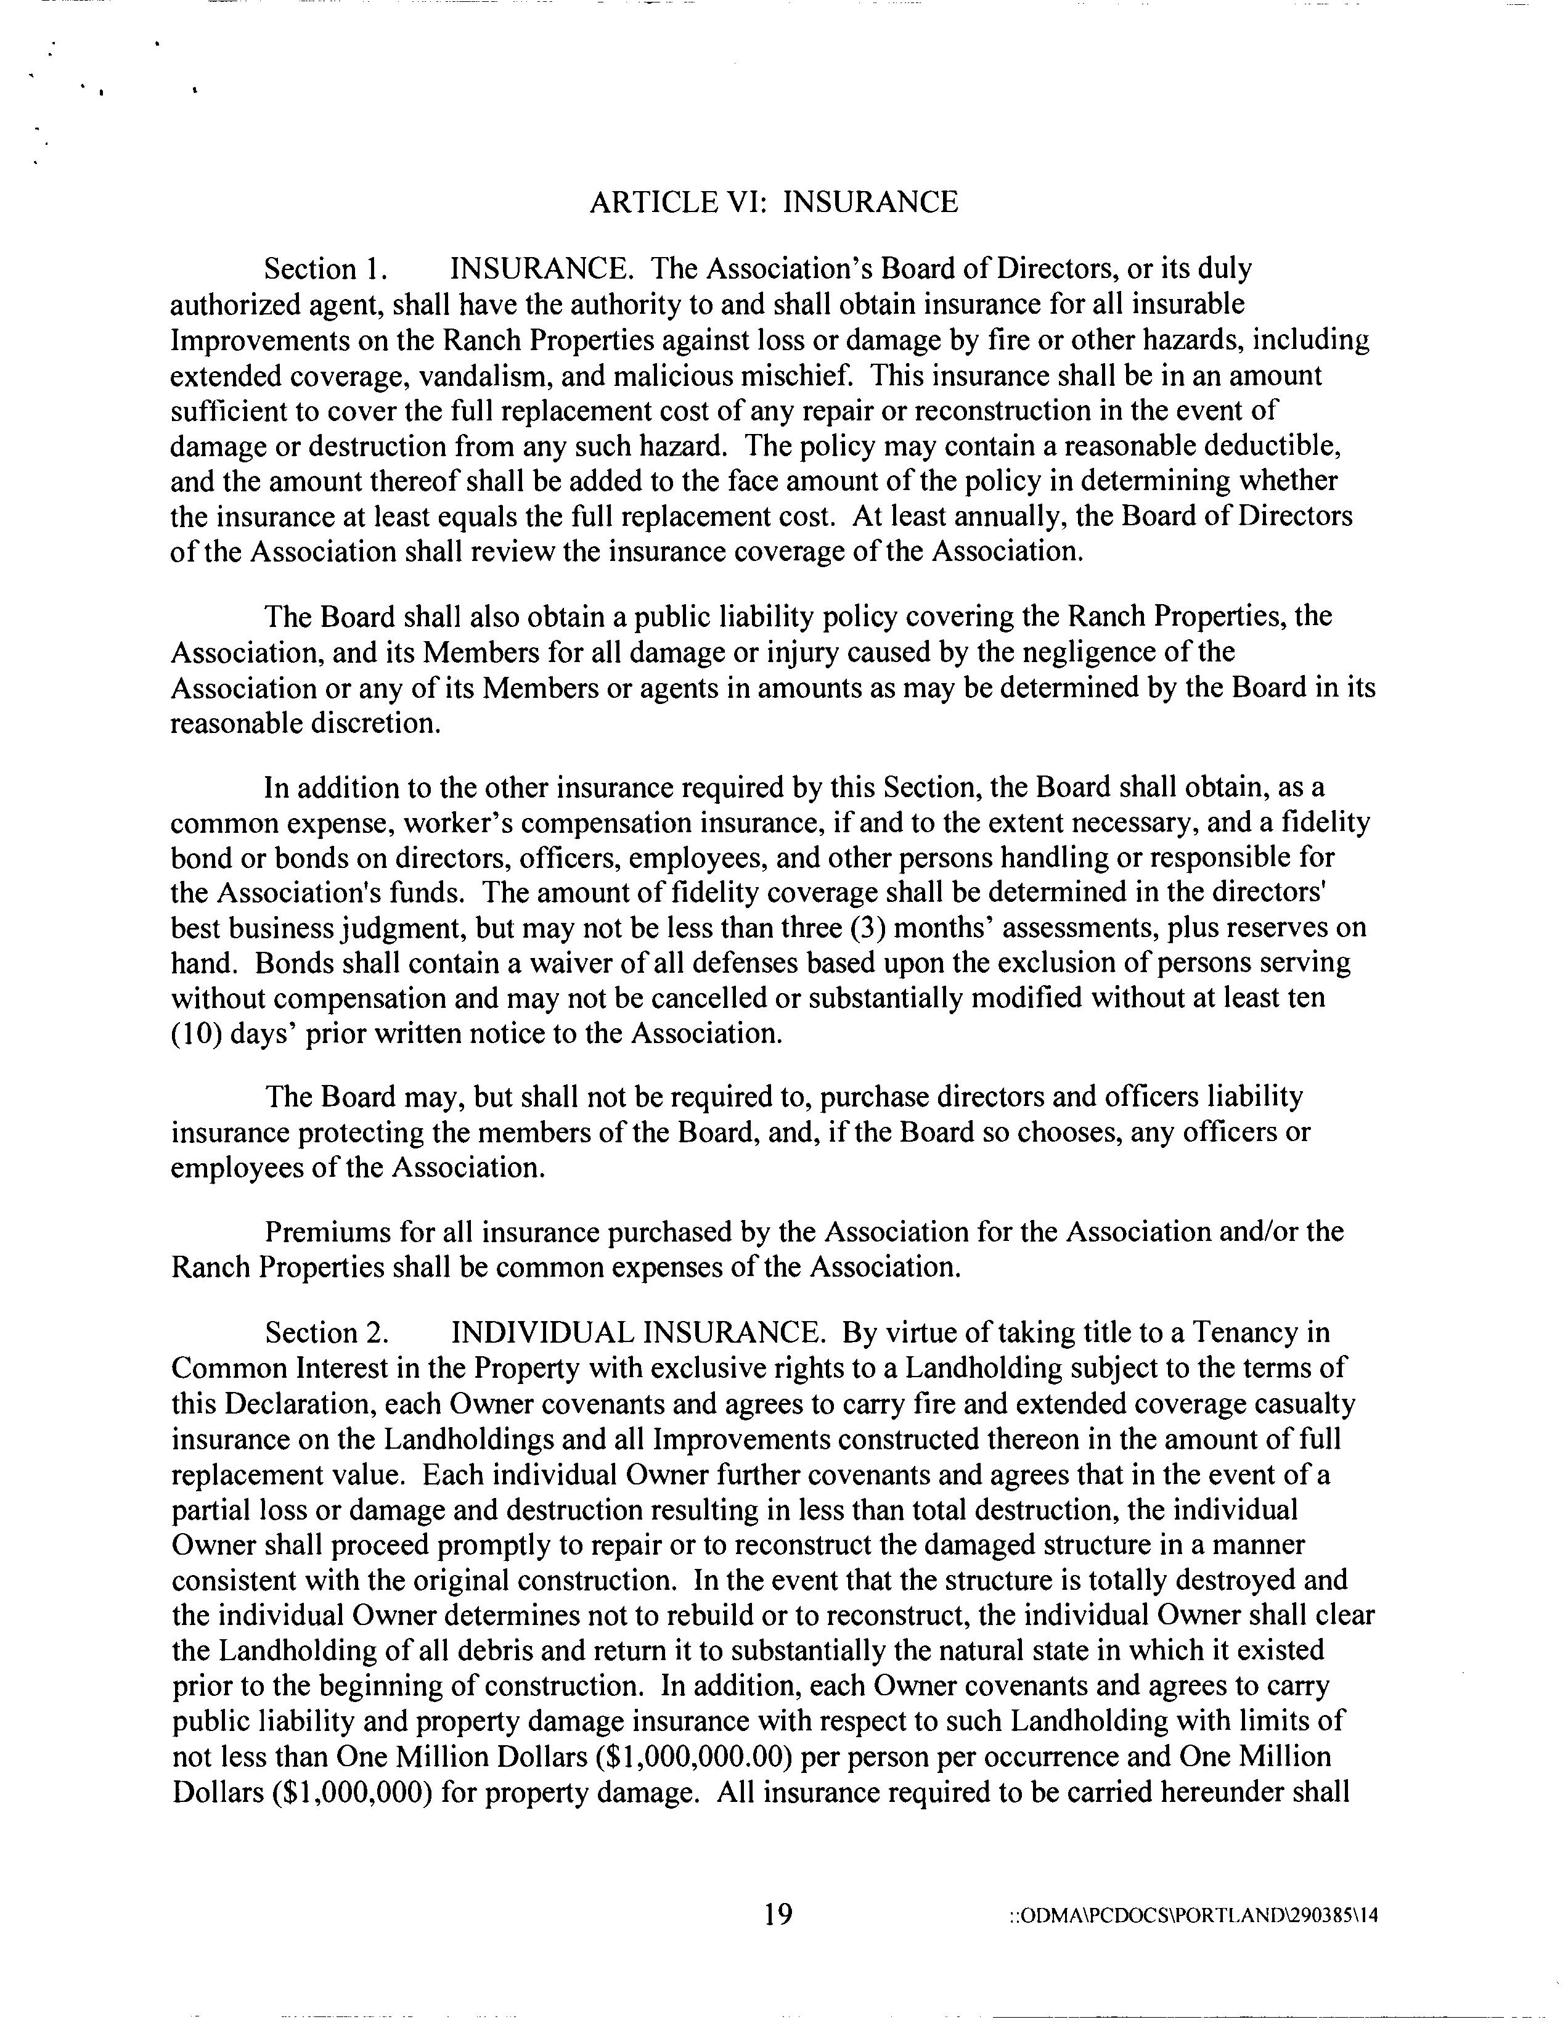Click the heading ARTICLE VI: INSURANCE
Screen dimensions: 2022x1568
pyautogui.click(x=773, y=202)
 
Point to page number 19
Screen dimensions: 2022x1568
pyautogui.click(x=778, y=1913)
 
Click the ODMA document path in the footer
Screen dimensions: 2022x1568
pyautogui.click(x=1193, y=1915)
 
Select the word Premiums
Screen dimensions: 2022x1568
pyautogui.click(x=328, y=1232)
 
